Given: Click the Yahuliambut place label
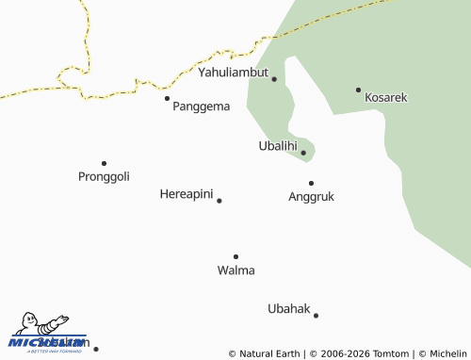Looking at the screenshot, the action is pyautogui.click(x=233, y=72).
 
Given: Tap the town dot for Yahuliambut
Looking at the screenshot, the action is pyautogui.click(x=274, y=79).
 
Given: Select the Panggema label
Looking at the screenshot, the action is pyautogui.click(x=201, y=106).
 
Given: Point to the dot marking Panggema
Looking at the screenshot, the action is pyautogui.click(x=167, y=98).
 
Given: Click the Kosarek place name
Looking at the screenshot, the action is pyautogui.click(x=385, y=97).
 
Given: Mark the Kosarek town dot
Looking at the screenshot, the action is pyautogui.click(x=358, y=90).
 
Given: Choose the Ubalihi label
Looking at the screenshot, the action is pyautogui.click(x=277, y=146).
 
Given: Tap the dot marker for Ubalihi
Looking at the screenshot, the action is pyautogui.click(x=303, y=153).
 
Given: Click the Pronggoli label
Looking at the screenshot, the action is pyautogui.click(x=104, y=176).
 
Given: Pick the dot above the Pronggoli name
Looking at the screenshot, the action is pyautogui.click(x=104, y=163).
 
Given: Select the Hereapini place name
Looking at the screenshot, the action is pyautogui.click(x=187, y=194).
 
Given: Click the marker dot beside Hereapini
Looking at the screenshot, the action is pyautogui.click(x=219, y=201).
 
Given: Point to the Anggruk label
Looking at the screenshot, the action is pyautogui.click(x=311, y=197).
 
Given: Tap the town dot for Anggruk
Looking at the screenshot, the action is pyautogui.click(x=311, y=183).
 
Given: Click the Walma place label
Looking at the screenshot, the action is pyautogui.click(x=235, y=270).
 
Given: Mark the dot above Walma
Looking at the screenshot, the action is pyautogui.click(x=235, y=256).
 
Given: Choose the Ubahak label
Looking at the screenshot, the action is pyautogui.click(x=288, y=309).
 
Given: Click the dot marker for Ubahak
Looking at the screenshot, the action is pyautogui.click(x=316, y=316).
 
